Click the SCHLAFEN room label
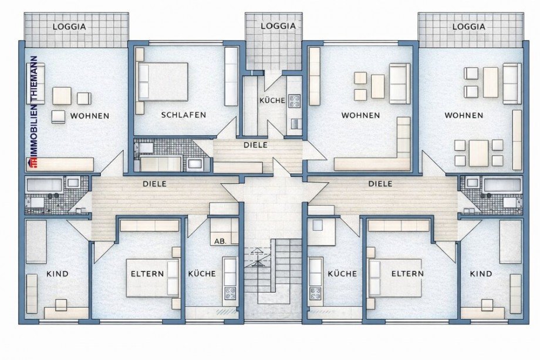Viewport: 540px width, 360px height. tap(183, 115)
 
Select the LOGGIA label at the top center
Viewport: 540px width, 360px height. tap(275, 26)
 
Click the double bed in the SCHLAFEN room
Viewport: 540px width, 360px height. tap(163, 82)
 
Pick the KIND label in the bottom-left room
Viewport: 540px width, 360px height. tap(57, 274)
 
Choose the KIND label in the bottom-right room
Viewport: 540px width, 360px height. tap(481, 274)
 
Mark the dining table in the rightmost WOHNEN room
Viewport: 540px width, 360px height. tap(478, 152)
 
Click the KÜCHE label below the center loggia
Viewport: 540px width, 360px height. tap(272, 100)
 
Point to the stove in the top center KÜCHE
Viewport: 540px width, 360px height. tap(294, 100)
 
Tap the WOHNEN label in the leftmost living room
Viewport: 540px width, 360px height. tap(89, 116)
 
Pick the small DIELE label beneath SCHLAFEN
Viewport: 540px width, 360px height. tap(255, 144)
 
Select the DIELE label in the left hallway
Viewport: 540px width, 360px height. tap(155, 184)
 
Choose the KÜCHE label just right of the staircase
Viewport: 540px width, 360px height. tap(342, 274)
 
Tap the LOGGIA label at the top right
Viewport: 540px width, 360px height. tap(469, 26)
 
